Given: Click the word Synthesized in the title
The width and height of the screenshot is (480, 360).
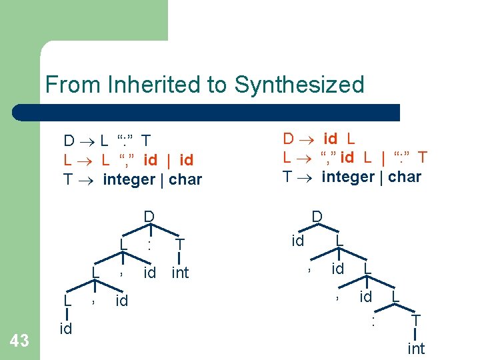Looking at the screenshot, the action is point(299,85).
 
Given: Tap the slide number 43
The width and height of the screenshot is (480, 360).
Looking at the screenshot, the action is point(20,341).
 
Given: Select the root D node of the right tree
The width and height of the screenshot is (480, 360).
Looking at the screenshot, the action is point(317,216).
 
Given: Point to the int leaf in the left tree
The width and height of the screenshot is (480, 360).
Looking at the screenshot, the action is point(180,273).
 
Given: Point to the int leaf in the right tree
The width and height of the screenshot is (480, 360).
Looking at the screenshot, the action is point(416,348).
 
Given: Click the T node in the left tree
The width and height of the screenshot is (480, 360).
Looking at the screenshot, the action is point(179,245).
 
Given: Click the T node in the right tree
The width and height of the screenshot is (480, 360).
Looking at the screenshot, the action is point(416,321).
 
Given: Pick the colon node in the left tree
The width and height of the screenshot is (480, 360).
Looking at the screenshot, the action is point(150,245).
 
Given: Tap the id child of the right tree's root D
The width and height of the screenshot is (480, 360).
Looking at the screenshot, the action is point(298,240).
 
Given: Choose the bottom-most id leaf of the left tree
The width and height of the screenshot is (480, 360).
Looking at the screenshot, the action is point(66,328).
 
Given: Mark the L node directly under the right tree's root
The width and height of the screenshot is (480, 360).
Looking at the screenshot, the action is point(339,240).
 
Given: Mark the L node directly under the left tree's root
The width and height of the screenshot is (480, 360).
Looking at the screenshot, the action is point(123,245).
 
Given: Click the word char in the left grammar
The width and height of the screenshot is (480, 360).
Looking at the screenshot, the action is point(185,179).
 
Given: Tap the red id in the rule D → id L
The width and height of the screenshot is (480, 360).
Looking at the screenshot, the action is point(330,139).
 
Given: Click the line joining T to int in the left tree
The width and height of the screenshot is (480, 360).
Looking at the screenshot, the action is point(179,259).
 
